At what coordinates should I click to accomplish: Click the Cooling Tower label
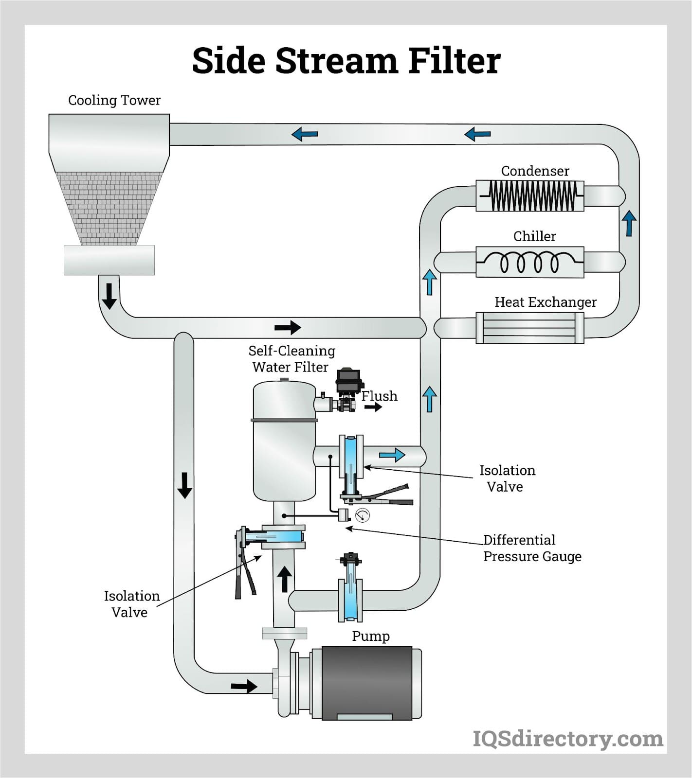click(114, 100)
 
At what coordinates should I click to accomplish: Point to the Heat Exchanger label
click(545, 302)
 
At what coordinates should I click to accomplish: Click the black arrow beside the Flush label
click(373, 407)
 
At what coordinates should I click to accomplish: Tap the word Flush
click(379, 396)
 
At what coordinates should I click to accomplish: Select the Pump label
click(370, 636)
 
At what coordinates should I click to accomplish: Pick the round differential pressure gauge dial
click(362, 515)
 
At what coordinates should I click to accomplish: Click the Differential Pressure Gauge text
click(532, 548)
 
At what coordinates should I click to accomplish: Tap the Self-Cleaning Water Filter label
click(291, 359)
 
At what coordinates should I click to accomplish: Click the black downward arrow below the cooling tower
click(109, 296)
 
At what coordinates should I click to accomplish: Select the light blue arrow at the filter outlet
click(392, 455)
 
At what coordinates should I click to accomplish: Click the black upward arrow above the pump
click(284, 579)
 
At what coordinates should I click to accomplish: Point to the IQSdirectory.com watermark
click(567, 739)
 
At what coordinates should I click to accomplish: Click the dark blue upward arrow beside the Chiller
click(629, 223)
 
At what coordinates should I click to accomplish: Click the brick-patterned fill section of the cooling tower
click(109, 208)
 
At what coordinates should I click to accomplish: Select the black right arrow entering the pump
click(244, 686)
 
